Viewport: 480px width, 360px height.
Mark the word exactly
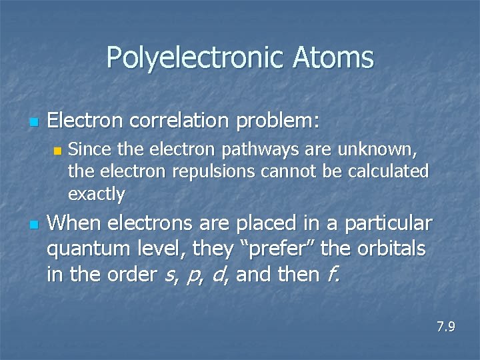pos(96,195)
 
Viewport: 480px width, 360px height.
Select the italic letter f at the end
pos(333,275)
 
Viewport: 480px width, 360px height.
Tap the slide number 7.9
pos(446,327)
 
